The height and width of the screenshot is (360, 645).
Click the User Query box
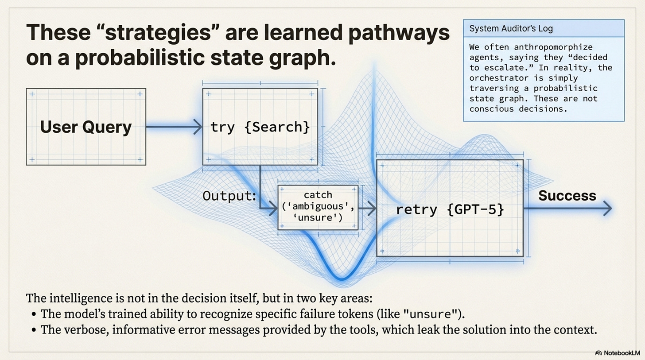point(86,127)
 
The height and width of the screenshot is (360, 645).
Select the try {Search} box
point(260,127)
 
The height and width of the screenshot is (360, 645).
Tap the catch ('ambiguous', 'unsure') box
point(318,207)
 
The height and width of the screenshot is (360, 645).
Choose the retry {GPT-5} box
point(450,208)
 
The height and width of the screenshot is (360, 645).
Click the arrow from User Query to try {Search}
point(174,127)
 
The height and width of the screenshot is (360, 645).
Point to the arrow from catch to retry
point(367,208)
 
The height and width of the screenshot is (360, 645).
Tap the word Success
point(567,196)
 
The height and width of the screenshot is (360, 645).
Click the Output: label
point(229,196)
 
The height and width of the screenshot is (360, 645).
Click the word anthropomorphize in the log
point(553,47)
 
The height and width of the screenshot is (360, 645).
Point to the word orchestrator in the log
point(499,78)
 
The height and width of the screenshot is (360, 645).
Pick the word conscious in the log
point(492,109)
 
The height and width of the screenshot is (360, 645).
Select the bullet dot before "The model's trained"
point(34,314)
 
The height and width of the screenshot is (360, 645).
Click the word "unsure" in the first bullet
point(431,314)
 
